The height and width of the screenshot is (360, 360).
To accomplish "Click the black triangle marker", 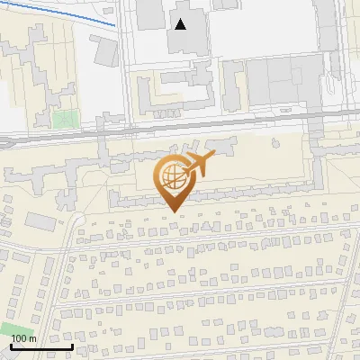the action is coord(182,24).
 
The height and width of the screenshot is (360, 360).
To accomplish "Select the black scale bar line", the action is coord(41,346).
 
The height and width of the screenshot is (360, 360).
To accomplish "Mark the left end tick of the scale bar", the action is coord(11,345).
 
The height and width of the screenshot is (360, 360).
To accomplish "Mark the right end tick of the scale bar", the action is coord(73,345).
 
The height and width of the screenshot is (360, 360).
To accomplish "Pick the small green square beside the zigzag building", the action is coord(63,118).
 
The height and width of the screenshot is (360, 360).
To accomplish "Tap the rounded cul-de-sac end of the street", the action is coord(79,219).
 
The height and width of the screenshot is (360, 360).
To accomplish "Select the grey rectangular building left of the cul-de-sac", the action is coord(40,220).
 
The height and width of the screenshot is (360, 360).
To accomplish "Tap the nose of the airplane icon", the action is coord(213,157).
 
